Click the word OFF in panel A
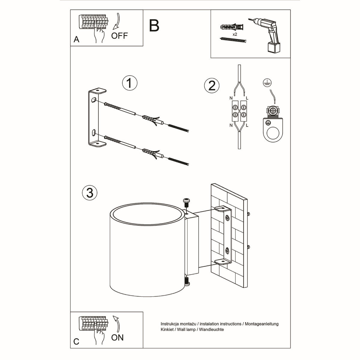pyautogui.click(x=119, y=36)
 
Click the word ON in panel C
pyautogui.click(x=117, y=337)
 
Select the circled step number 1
pyautogui.click(x=130, y=83)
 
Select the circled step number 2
pyautogui.click(x=211, y=85)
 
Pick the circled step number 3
pyautogui.click(x=90, y=192)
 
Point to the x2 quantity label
pyautogui.click(x=235, y=34)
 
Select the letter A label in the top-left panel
pyautogui.click(x=76, y=39)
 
